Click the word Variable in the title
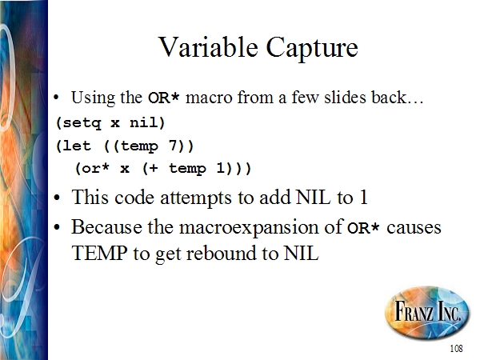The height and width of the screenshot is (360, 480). [208, 47]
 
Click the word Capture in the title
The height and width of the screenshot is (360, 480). [312, 49]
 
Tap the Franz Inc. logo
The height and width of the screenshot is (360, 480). [427, 311]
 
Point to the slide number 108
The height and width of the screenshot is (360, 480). [456, 348]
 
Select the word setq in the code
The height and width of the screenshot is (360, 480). [82, 123]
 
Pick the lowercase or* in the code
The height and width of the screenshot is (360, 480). [93, 168]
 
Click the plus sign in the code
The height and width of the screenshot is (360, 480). [154, 168]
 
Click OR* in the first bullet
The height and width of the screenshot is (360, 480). [163, 98]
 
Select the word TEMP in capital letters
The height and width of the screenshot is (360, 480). [100, 253]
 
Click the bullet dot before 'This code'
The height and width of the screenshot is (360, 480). [57, 198]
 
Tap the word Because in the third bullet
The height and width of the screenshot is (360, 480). [106, 227]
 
